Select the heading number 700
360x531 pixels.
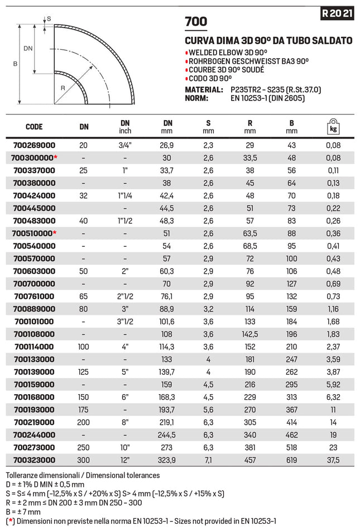pos(196,22)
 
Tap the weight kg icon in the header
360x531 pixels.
pos(333,127)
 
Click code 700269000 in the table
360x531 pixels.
pos(34,145)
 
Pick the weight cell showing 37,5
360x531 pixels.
pos(333,460)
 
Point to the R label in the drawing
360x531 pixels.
pos(63,88)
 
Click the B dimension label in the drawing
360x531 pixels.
pos(15,64)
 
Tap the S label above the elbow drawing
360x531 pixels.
pos(49,18)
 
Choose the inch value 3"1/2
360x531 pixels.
pos(125,321)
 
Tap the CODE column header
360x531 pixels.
pos(34,127)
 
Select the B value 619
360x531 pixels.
pos(291,460)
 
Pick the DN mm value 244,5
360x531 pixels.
pos(168,434)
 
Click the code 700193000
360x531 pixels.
pos(34,409)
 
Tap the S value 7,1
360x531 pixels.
pos(208,460)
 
